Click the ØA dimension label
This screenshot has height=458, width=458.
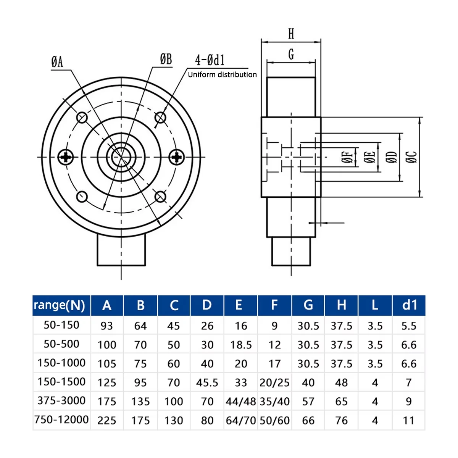(57, 62)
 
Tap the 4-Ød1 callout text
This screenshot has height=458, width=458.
(210, 60)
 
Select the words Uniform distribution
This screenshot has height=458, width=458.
(222, 75)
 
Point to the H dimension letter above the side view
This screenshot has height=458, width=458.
(291, 34)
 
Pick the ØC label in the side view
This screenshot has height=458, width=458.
(411, 157)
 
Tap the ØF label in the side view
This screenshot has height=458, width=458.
(347, 157)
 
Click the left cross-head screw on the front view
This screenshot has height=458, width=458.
(66, 157)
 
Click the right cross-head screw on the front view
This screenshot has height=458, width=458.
(176, 157)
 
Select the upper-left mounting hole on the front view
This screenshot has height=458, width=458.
(82, 118)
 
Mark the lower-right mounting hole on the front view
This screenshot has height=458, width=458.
(160, 197)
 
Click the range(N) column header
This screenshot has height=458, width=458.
(60, 305)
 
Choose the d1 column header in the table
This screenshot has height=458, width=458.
(410, 305)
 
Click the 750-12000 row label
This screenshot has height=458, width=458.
(61, 419)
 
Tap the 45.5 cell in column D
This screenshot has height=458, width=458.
(207, 383)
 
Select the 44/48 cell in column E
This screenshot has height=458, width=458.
(241, 402)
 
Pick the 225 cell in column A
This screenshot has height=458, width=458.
(107, 421)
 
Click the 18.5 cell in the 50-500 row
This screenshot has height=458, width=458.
(241, 345)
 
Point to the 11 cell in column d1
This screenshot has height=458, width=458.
(408, 421)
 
